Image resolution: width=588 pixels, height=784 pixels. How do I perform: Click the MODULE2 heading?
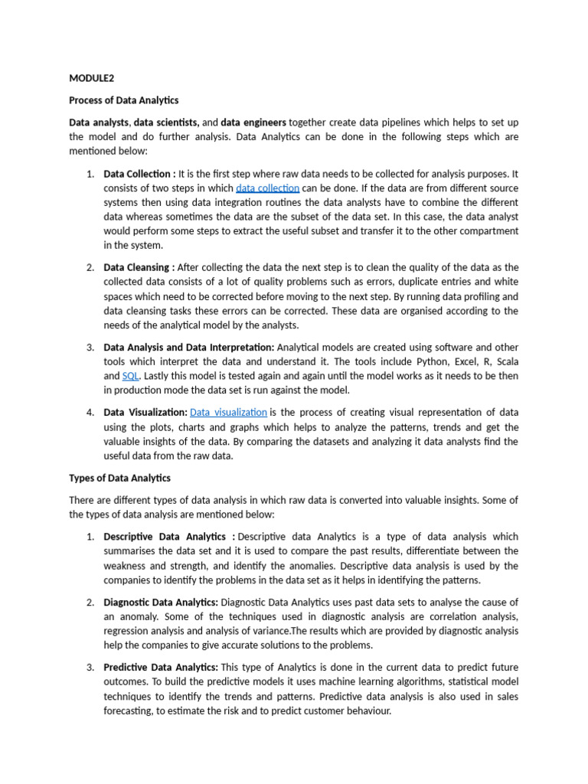coord(90,77)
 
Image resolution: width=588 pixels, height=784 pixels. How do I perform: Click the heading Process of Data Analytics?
coord(123,100)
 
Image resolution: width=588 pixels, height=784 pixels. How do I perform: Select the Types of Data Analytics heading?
coord(119,479)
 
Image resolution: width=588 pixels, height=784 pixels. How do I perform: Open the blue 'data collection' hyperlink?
coord(267,188)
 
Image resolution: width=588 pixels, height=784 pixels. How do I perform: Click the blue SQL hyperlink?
coord(130,376)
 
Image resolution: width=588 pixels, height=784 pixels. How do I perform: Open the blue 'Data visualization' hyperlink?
coord(228,413)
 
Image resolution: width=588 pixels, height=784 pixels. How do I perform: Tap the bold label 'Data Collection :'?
coord(139,174)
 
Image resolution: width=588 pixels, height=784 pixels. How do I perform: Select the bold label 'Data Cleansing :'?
coord(139,267)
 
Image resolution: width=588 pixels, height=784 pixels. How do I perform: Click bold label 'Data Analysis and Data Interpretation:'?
coord(189,347)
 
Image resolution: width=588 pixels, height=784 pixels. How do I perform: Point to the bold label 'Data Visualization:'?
coord(145,413)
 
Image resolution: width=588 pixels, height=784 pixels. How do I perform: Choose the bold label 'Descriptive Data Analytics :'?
coord(169,537)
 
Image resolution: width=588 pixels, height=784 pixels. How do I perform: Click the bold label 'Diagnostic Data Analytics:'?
coord(161,603)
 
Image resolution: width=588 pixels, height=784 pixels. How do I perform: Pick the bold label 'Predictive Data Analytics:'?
coord(161,668)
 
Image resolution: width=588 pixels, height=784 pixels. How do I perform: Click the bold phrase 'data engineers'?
coord(253,122)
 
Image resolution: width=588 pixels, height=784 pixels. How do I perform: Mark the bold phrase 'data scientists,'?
coord(166,122)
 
